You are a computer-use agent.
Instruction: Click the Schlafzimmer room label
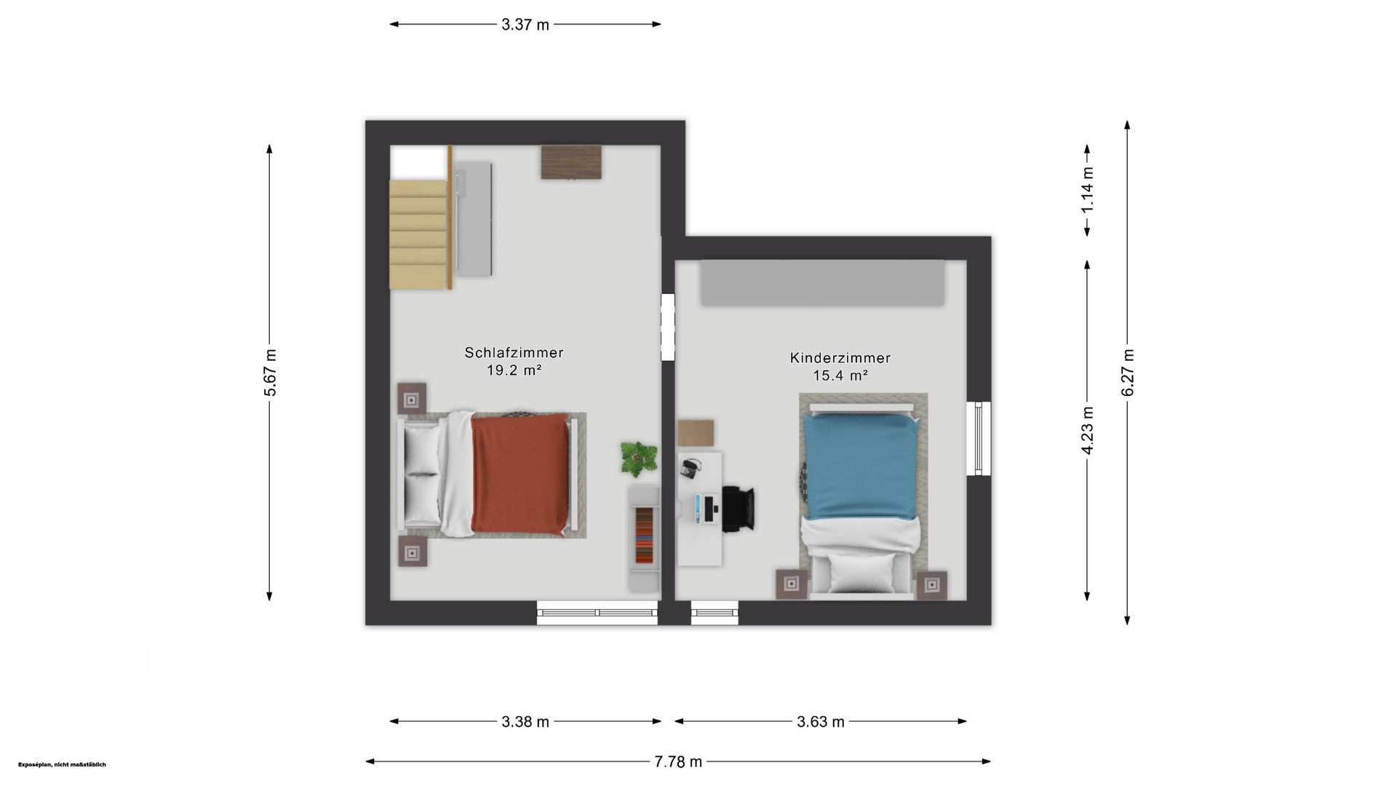coord(514,353)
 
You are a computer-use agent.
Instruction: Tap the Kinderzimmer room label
coord(840,358)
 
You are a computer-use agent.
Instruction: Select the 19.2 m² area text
coord(514,370)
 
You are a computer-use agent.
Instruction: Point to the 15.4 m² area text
coord(840,376)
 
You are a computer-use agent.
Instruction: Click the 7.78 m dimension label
coord(678,762)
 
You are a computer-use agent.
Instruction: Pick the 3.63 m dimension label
coord(821,722)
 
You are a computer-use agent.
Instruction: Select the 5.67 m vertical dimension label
coord(270,373)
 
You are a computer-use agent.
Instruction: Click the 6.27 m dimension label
coord(1128,373)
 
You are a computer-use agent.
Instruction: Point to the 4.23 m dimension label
coord(1087,430)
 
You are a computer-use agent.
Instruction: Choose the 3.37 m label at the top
coord(525,25)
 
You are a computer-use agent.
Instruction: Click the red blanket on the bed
coord(520,474)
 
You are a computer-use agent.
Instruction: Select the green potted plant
coord(638,458)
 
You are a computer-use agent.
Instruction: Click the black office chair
coord(738,508)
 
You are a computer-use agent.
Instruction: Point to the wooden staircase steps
coord(418,234)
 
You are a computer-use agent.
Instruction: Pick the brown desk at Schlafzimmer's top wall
coord(571,162)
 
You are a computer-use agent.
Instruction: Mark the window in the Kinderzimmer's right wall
coord(979,439)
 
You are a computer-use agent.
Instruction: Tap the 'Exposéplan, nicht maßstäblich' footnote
coord(62,765)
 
